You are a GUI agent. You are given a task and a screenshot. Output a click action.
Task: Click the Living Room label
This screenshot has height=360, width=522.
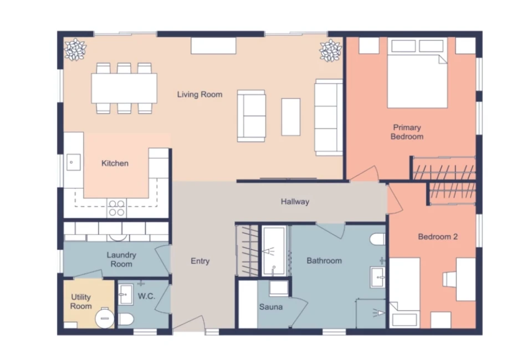point(199,95)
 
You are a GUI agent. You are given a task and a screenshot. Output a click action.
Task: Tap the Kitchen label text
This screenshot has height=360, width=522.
point(115,163)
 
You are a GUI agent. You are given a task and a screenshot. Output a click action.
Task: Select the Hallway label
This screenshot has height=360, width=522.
point(295,202)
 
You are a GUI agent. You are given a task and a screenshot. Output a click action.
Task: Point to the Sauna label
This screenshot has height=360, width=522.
point(271,307)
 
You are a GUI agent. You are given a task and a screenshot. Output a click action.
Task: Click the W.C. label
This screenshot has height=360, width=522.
point(146,296)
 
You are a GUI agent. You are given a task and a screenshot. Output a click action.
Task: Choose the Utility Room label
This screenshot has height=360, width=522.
point(81,301)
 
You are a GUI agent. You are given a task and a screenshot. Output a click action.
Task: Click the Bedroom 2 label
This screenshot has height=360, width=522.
point(438,236)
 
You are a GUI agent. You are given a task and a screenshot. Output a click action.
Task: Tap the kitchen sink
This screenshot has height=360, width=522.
point(73,162)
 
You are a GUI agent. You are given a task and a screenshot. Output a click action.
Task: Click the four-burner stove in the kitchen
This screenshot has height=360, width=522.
point(117,208)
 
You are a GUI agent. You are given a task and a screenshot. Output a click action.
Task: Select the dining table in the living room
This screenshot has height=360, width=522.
point(124,88)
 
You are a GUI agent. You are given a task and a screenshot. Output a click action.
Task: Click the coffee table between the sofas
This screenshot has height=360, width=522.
point(290,117)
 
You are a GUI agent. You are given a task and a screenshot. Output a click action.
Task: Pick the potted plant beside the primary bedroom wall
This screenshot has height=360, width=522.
point(331,50)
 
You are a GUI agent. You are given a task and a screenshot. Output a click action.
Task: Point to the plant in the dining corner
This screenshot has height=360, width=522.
point(75,50)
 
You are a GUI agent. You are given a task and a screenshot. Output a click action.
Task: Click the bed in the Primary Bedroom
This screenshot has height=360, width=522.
point(417,73)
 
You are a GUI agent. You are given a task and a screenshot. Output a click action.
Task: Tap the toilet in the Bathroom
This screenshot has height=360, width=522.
point(378,239)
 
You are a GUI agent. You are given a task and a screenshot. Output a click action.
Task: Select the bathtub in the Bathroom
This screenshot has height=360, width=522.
point(274,251)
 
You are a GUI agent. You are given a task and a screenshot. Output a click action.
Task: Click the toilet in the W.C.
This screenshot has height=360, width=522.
point(126,320)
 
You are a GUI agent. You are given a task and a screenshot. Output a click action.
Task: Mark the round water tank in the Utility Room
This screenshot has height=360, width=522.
point(105,318)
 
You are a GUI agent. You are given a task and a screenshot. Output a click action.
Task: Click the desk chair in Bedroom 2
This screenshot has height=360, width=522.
point(449,279)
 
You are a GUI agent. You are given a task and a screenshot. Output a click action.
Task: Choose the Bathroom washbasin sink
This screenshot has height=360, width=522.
point(378,277)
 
